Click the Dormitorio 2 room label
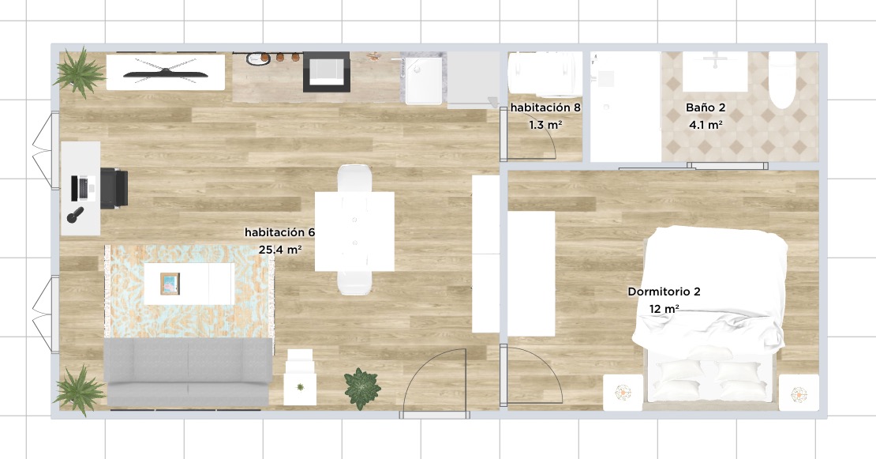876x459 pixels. pos(664,292)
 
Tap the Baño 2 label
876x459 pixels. pos(706,107)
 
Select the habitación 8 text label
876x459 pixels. pos(545,108)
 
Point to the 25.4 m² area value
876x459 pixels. pos(280,250)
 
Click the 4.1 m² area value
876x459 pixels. pos(706,125)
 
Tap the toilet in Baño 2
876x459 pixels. pos(782,80)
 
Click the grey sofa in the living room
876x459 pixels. pos(189,372)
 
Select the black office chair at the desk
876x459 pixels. pos(114,188)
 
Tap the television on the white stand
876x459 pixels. pos(166,72)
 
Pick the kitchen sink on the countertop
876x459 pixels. pos(423,80)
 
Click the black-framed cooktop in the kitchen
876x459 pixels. pos(326,72)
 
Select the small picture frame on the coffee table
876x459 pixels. pos(170,283)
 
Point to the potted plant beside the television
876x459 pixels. pos(80,72)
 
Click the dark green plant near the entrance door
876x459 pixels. pos(362,388)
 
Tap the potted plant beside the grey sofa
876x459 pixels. pos(80,390)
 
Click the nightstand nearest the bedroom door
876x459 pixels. pos(623,393)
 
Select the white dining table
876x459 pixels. pos(355,231)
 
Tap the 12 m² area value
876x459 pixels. pos(664,309)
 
